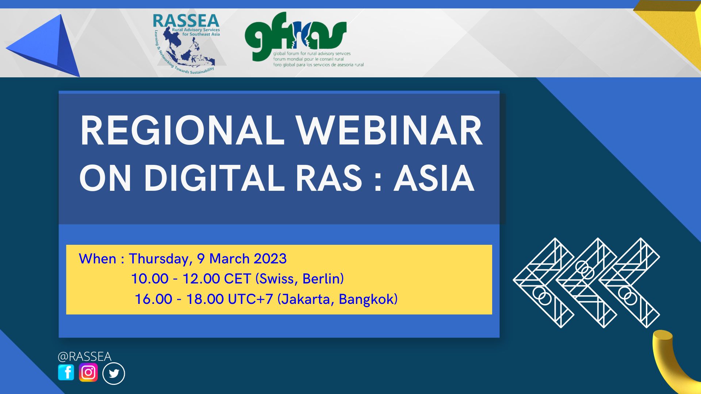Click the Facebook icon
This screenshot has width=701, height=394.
pyautogui.click(x=66, y=372)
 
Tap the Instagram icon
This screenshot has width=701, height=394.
pyautogui.click(x=88, y=372)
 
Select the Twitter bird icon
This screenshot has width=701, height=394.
pyautogui.click(x=114, y=374)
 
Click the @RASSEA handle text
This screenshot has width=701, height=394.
pyautogui.click(x=84, y=356)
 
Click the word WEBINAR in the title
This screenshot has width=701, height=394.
pyautogui.click(x=389, y=131)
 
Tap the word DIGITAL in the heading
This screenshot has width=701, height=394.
pyautogui.click(x=214, y=178)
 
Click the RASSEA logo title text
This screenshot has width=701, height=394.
pyautogui.click(x=186, y=21)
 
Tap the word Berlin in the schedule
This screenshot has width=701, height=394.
pyautogui.click(x=323, y=279)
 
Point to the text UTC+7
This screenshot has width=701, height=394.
pyautogui.click(x=250, y=299)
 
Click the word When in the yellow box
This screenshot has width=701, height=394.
pyautogui.click(x=97, y=259)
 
